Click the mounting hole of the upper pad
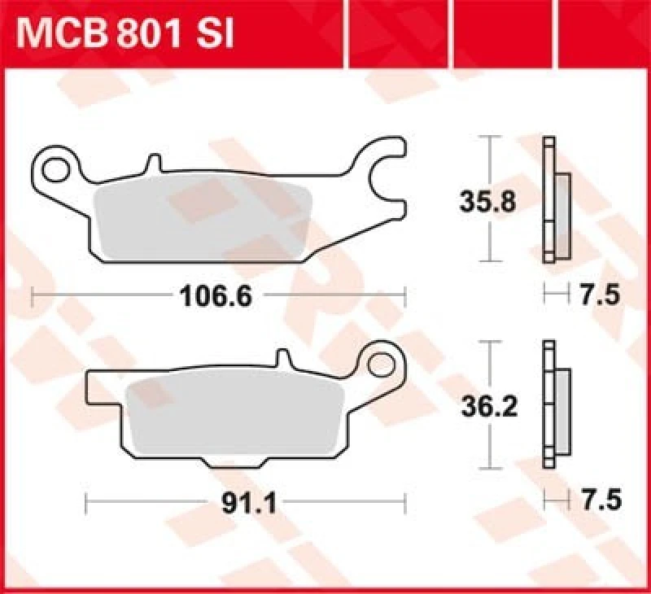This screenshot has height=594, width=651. [56, 170]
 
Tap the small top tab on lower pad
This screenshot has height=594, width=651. [282, 360]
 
